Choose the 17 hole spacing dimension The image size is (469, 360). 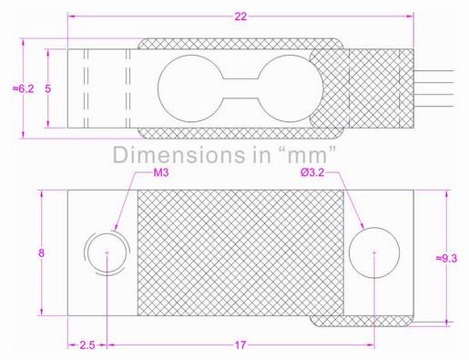[240, 345]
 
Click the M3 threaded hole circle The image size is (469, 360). [107, 252]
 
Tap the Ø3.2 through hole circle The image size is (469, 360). [373, 252]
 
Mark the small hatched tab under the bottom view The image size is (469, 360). [361, 322]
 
